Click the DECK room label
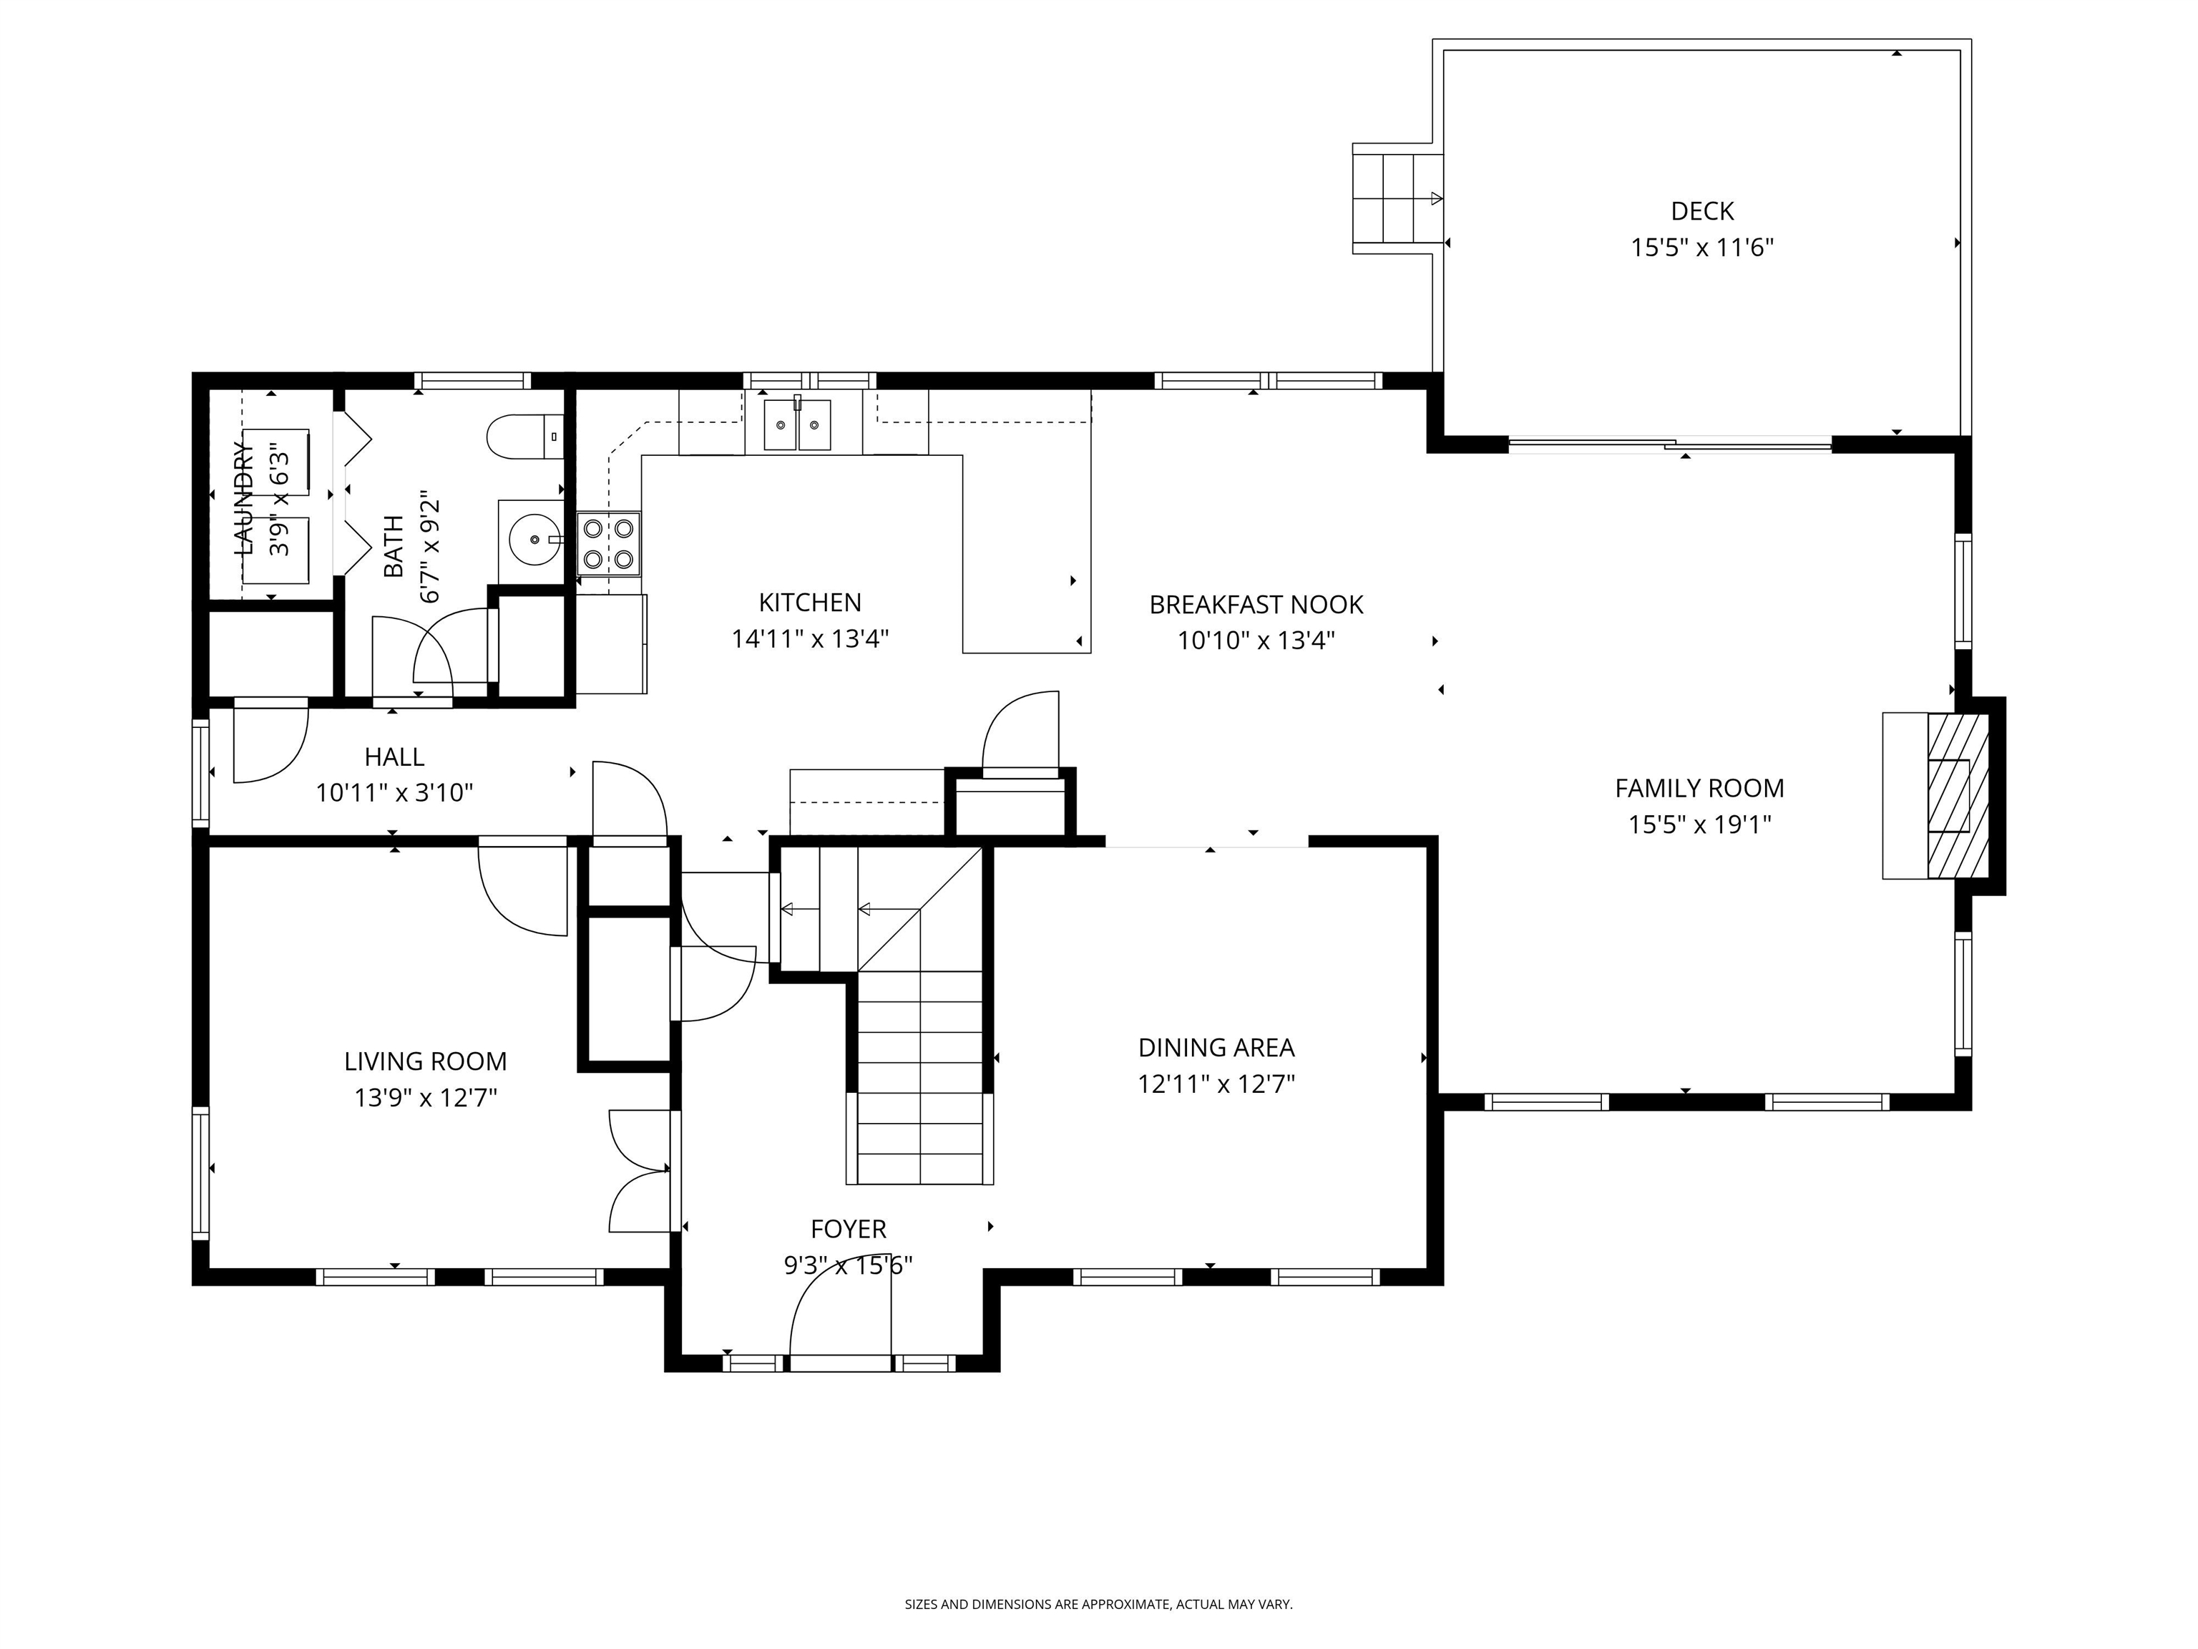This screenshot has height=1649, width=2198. [1701, 210]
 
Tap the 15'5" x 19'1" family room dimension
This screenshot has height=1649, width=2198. [1699, 824]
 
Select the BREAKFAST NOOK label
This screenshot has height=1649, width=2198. [1255, 604]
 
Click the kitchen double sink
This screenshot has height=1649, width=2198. [797, 425]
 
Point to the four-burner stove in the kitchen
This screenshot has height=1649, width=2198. [609, 543]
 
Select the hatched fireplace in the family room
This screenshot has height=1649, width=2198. [1958, 795]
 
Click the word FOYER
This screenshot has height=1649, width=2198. [848, 1230]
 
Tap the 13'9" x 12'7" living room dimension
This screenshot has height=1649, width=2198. [425, 1097]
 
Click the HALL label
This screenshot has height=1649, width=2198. [394, 757]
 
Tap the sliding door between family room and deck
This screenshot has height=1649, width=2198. [1669, 445]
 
